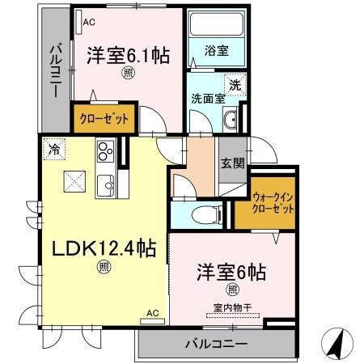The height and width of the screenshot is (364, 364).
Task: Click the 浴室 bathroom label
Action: (x=216, y=50)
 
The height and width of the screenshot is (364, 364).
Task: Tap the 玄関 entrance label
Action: (x=232, y=163)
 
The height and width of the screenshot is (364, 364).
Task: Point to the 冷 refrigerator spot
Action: (x=54, y=149)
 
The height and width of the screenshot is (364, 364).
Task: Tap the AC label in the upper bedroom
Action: (x=87, y=23)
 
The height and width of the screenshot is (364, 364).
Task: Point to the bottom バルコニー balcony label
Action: (x=217, y=344)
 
